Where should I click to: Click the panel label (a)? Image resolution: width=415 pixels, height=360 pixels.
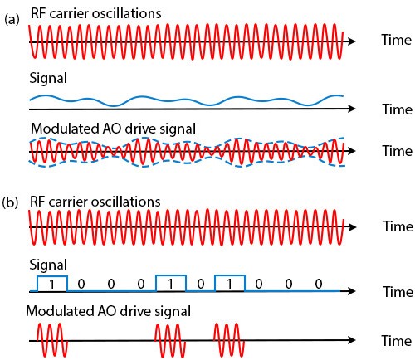pos(12,20)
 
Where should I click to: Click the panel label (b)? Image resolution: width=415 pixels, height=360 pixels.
pos(10,202)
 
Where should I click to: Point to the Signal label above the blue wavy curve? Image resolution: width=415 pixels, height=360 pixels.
pos(48,78)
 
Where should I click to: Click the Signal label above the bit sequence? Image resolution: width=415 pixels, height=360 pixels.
pos(48,265)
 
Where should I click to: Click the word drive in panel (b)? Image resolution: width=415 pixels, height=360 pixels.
pos(136,311)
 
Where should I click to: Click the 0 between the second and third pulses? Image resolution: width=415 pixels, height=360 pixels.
pos(201,284)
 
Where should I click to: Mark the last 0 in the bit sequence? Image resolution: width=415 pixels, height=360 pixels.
pos(319,284)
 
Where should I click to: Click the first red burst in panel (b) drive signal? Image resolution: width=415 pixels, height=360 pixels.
pos(52,340)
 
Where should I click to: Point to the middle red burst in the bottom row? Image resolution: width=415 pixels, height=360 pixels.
pos(170,340)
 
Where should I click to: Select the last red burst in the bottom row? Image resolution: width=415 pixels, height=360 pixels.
pos(229,340)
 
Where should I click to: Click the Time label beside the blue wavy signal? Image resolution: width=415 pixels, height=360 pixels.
pos(398,109)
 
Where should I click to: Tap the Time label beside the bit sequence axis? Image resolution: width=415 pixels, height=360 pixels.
pos(398,292)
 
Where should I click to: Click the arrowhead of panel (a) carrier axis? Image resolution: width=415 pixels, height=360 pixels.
pos(352,41)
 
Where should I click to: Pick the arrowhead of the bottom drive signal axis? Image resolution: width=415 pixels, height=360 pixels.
pos(352,340)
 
